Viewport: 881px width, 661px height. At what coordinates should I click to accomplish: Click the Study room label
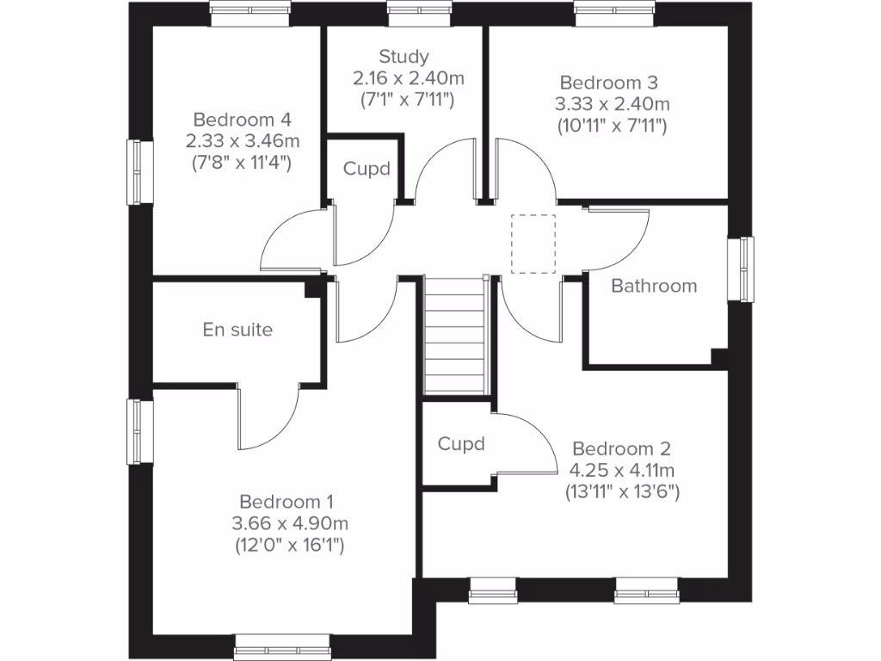pos(404,58)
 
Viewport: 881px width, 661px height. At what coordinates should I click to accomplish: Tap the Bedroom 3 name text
pos(609,83)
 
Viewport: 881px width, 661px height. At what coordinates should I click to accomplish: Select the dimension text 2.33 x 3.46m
pos(241,140)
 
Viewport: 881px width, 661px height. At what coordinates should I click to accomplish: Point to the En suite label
pos(237,330)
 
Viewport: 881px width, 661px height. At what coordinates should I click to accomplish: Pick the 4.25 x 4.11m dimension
pos(621,471)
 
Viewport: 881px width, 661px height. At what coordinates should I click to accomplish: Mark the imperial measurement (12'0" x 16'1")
pos(289,545)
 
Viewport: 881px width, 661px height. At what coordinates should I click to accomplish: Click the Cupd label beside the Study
pos(367,169)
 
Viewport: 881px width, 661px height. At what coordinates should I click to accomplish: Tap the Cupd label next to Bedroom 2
pos(461,444)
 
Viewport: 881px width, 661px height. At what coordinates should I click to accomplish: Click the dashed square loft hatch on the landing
pos(533,244)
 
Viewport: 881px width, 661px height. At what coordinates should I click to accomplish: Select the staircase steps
pos(456,336)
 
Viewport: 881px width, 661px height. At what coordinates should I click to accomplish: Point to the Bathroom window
pos(740,269)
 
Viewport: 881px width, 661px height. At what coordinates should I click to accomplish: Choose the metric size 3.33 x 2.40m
pos(613,105)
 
